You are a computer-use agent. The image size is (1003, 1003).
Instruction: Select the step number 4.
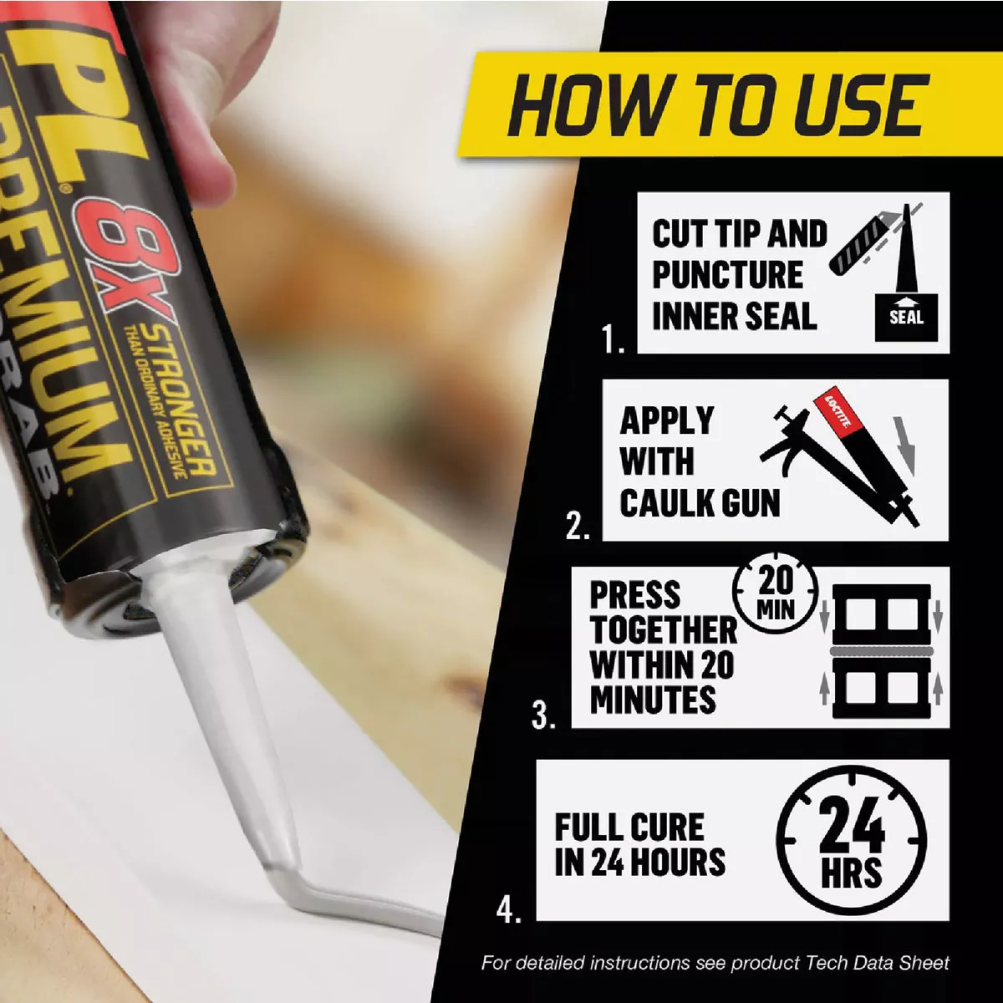coord(508,909)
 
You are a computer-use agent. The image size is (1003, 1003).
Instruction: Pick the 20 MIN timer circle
coord(775,592)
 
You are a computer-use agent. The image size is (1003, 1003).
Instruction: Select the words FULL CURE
coord(629,827)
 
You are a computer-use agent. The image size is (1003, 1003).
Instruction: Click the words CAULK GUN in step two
coord(700,503)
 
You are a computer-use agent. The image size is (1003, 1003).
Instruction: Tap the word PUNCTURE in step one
coord(726,274)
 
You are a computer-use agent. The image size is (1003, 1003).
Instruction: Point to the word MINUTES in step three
coord(653,700)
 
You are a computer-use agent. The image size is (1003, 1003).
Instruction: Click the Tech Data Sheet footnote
coord(715,963)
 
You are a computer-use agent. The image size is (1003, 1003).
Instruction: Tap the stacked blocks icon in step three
coord(881,651)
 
